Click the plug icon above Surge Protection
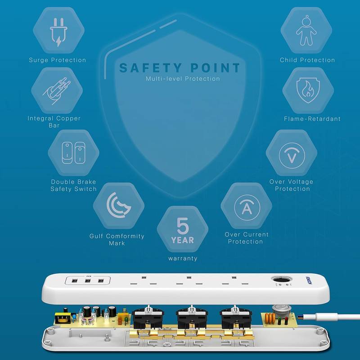[58, 32]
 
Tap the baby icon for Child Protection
[306, 31]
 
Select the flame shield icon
[308, 90]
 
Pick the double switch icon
[73, 153]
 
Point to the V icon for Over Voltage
[292, 155]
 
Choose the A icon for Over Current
[247, 207]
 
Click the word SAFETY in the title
[151, 68]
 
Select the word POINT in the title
[215, 68]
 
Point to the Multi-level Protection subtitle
[183, 79]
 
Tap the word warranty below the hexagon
[183, 258]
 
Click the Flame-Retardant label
[312, 119]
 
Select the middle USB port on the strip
[87, 280]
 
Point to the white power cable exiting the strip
[330, 318]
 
